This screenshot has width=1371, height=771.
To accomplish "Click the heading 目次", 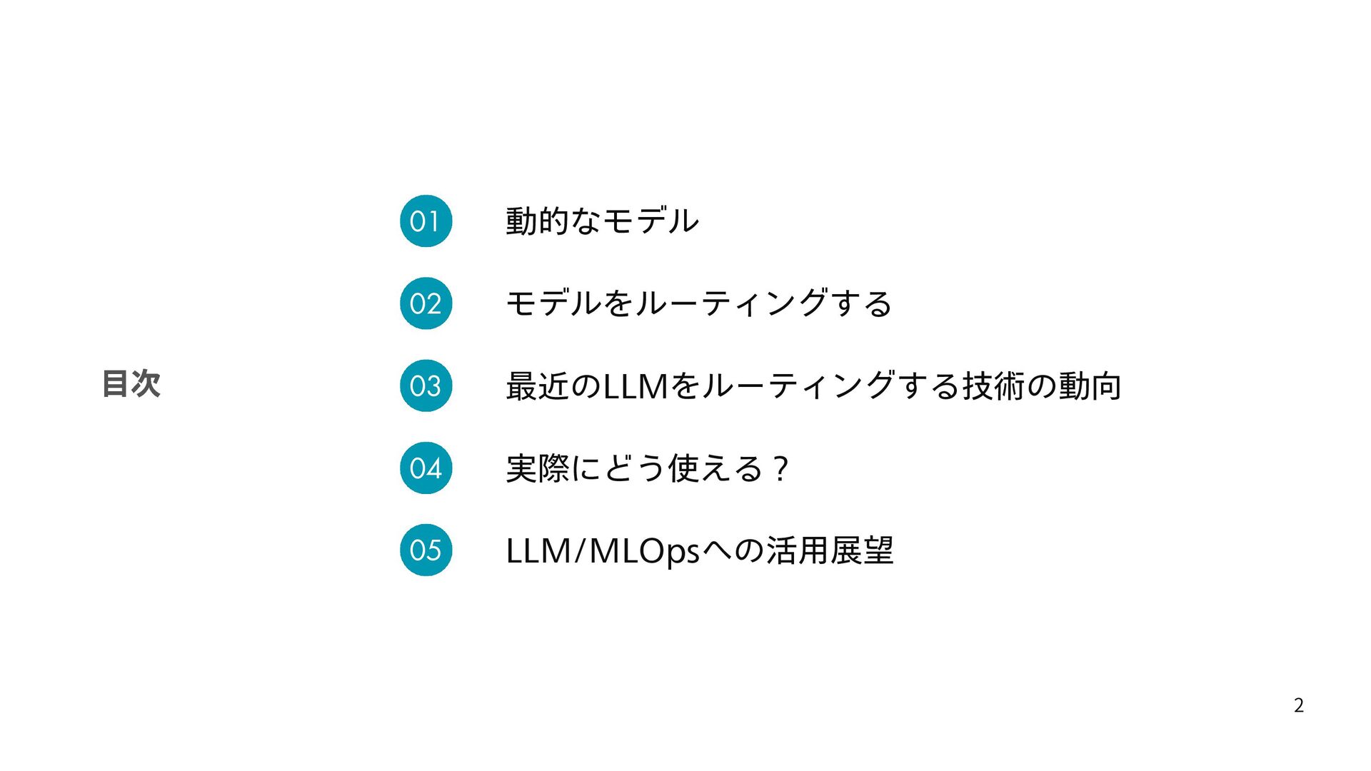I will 131,383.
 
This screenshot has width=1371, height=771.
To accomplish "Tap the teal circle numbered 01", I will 426,221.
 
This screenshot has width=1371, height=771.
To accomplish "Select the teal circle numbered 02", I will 426,303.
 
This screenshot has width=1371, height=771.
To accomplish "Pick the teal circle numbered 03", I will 426,385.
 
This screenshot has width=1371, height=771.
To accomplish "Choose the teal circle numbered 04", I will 426,468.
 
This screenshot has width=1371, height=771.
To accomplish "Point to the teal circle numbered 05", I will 426,550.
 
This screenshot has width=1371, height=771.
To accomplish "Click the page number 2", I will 1298,705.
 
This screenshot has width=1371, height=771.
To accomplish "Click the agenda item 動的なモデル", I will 602,221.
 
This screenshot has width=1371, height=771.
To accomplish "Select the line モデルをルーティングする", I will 698,303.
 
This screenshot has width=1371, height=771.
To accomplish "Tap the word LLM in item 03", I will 635,386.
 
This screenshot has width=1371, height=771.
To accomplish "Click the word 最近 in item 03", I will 538,386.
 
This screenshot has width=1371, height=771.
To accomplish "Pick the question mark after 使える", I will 781,469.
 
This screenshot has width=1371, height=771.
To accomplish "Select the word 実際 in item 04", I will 538,469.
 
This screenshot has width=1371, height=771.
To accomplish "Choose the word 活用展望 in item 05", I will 830,551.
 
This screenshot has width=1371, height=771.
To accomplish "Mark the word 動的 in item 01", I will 538,221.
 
